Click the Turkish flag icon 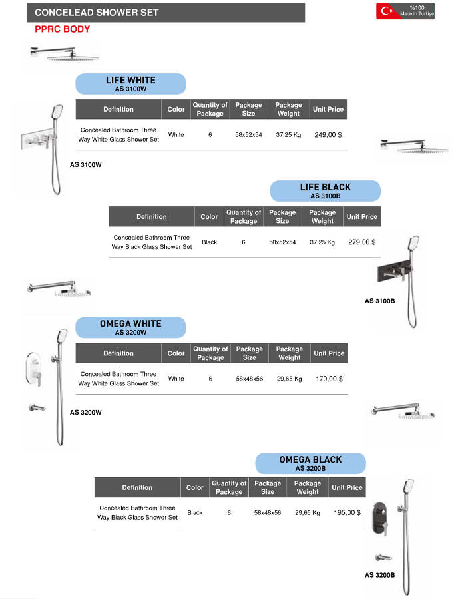point(386,11)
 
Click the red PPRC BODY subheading point(62,29)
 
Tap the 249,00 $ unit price point(328,135)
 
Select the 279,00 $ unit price point(361,242)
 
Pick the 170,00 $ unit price point(329,379)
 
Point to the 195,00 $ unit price point(347,513)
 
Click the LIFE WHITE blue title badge point(130,83)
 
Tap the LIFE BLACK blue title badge point(325,191)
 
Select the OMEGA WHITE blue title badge point(130,327)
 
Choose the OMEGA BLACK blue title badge point(310,463)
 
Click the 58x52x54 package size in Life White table point(249,135)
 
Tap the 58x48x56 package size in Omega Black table point(268,513)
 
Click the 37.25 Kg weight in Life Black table point(322,242)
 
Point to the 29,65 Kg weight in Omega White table point(289,379)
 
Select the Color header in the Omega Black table point(195,487)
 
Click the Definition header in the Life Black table point(152,216)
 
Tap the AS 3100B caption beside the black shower point(379,301)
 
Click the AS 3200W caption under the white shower point(86,412)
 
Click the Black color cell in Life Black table point(209,242)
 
